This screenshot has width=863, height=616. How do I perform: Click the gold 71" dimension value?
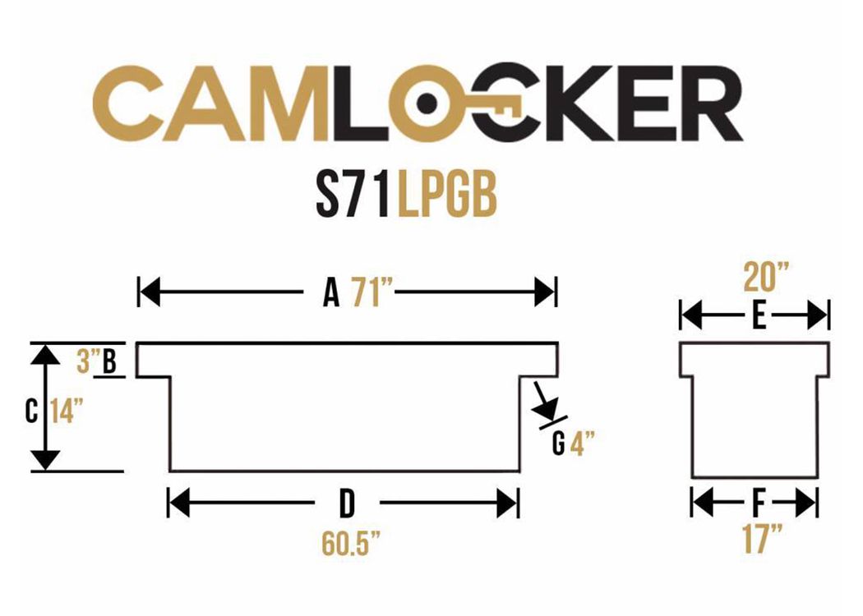coord(367,292)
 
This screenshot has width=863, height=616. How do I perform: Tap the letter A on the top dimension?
coord(330,292)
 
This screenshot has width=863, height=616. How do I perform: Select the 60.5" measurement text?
coord(351,543)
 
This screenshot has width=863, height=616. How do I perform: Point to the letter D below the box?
coord(346,503)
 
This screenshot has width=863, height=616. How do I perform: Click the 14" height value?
coord(66,411)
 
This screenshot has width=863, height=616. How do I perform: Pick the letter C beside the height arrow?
coord(31,411)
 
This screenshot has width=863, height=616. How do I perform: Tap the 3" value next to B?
coord(87,361)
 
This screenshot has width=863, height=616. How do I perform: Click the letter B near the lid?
coord(109,361)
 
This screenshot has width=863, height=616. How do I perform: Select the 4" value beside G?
coord(582,443)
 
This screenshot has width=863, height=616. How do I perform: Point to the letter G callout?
coord(558,443)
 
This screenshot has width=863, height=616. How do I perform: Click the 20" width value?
coord(766,277)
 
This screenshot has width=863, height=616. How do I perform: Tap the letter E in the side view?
coord(759,317)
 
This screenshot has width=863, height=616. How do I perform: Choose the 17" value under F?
coord(762,539)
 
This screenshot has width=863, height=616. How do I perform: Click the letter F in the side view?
coord(759,503)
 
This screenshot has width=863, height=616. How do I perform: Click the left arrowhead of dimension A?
coord(150,292)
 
